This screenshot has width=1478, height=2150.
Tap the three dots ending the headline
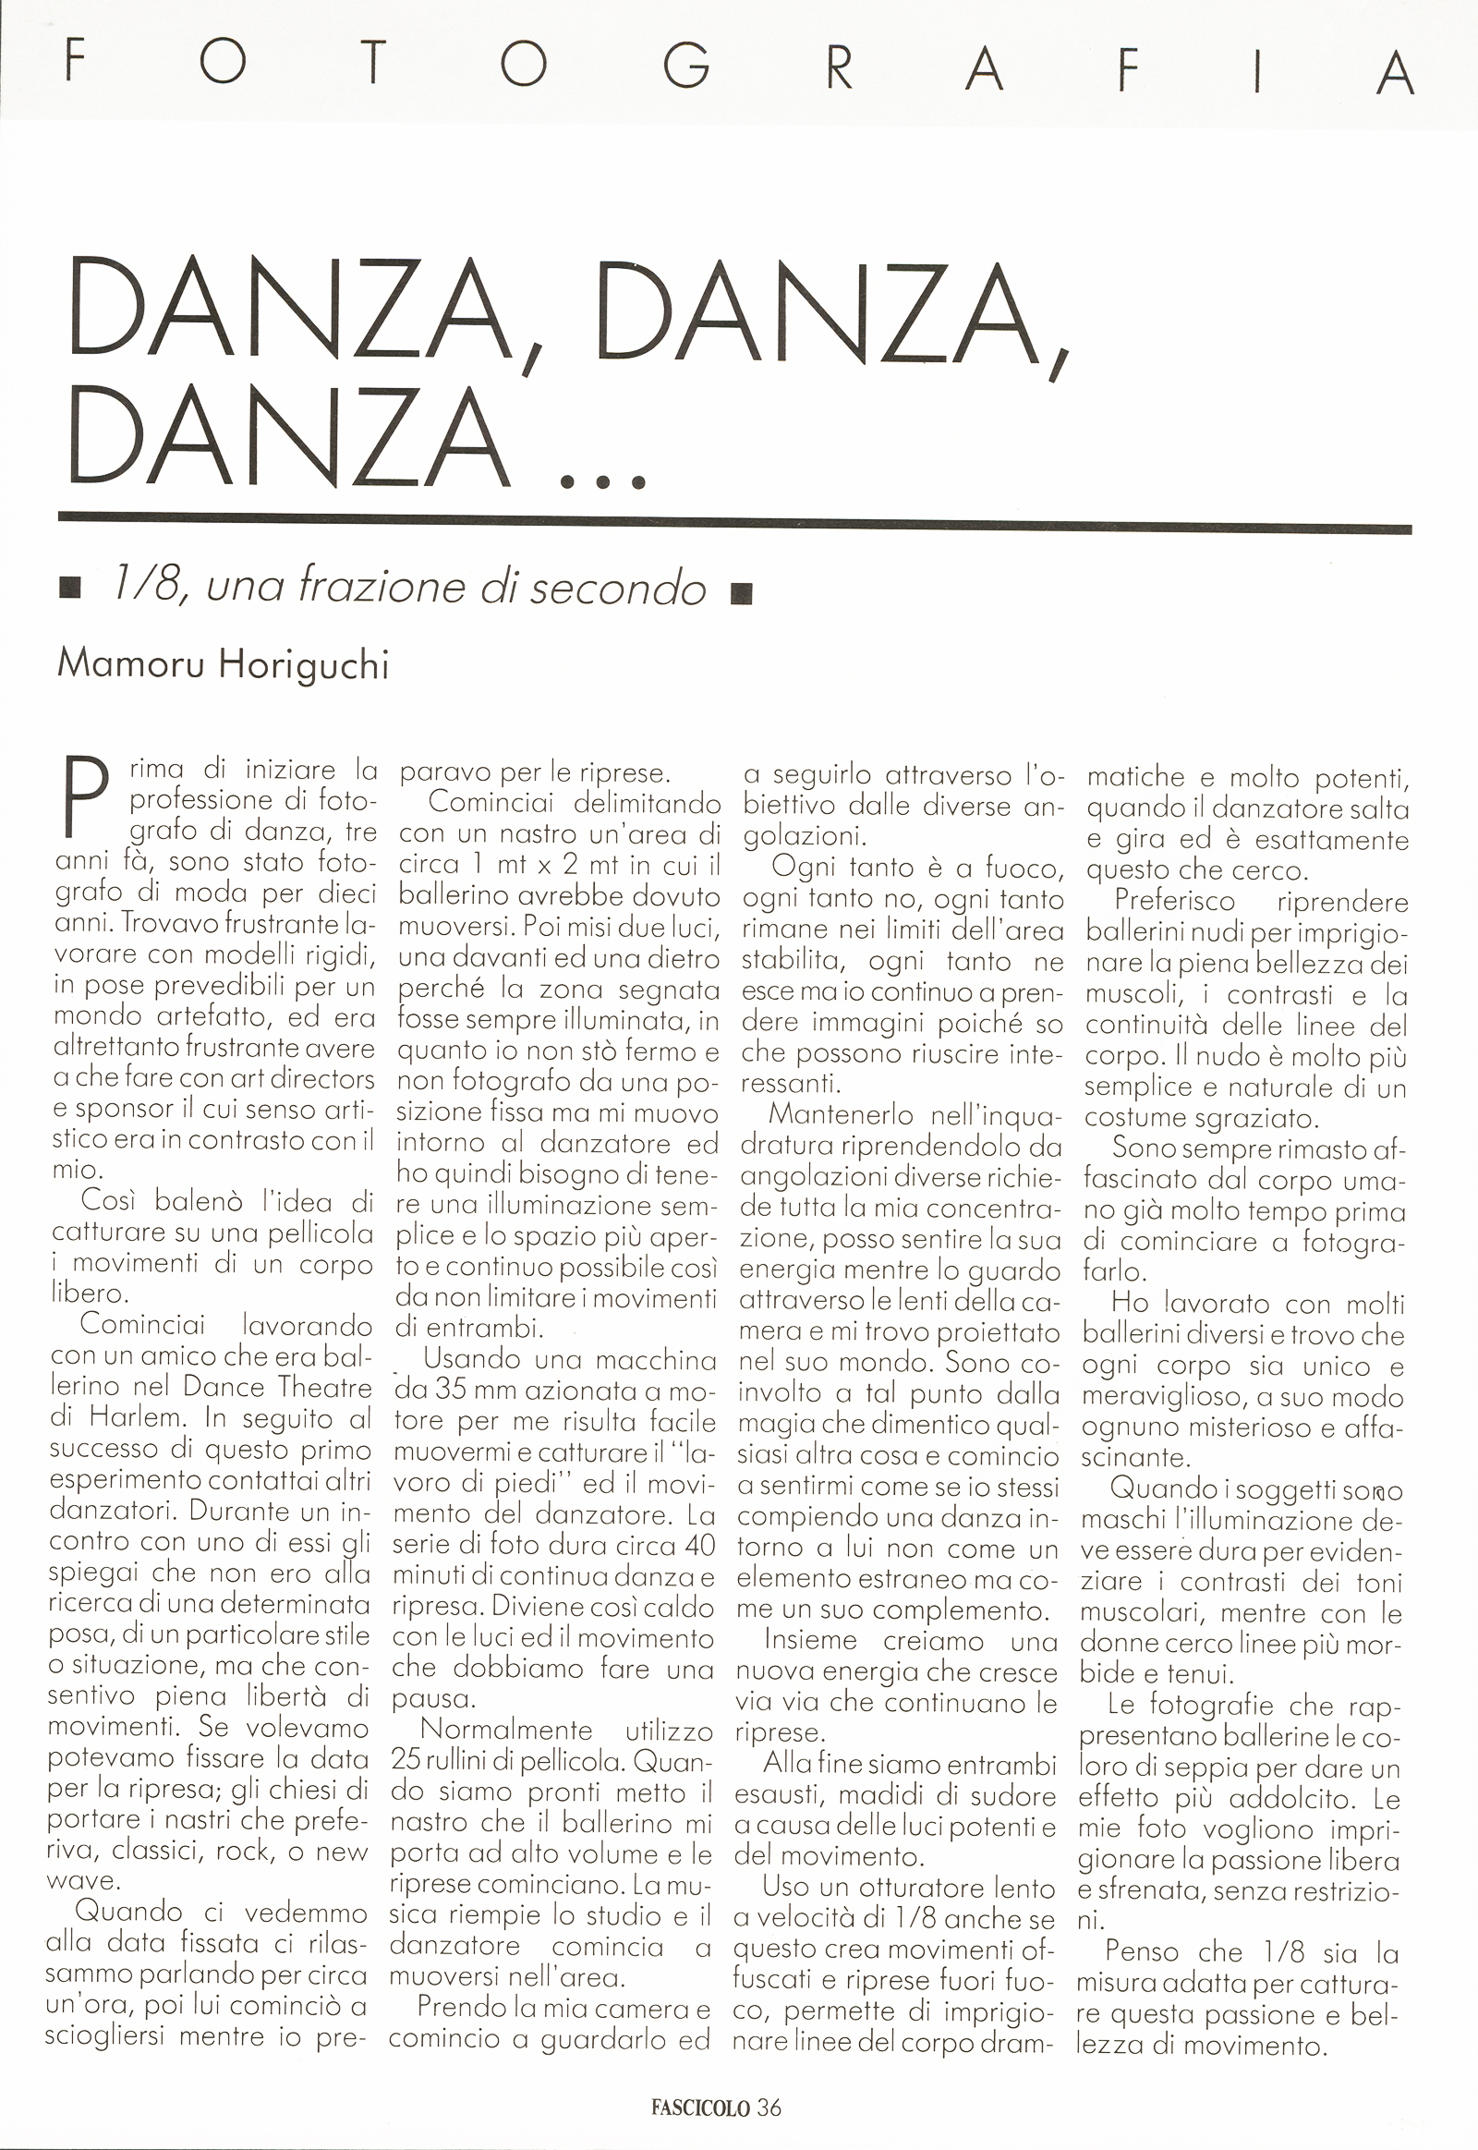[x=603, y=480]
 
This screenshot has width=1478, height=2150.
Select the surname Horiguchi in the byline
[x=304, y=665]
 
